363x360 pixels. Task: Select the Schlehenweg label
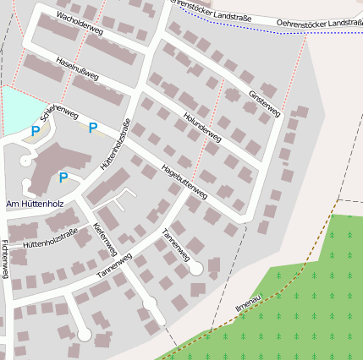click(60, 113)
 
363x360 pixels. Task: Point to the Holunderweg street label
click(201, 125)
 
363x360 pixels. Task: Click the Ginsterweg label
click(264, 103)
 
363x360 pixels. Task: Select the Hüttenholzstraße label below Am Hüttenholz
click(50, 237)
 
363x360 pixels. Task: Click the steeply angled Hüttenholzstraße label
click(115, 145)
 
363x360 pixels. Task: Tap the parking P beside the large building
click(63, 177)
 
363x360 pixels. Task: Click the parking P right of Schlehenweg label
click(93, 128)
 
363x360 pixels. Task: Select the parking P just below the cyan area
click(35, 131)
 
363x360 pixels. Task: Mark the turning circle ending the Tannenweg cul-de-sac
click(196, 268)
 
